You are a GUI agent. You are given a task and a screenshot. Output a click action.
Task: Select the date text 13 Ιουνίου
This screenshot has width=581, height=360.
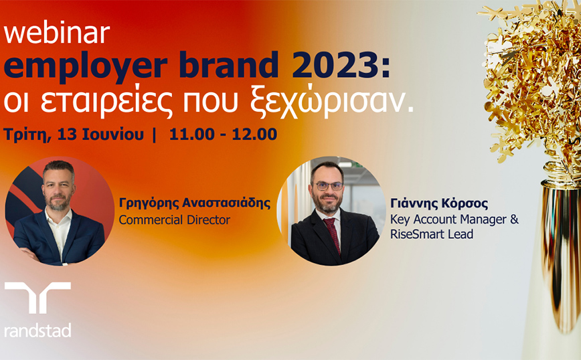(100, 134)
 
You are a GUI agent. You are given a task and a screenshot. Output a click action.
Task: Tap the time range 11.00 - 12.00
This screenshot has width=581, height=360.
(223, 134)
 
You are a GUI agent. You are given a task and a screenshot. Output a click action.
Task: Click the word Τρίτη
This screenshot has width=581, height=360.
(27, 134)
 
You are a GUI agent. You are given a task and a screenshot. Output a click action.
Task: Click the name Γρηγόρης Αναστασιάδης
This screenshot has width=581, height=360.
(195, 203)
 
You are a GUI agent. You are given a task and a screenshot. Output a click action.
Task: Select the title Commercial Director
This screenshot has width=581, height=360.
(174, 219)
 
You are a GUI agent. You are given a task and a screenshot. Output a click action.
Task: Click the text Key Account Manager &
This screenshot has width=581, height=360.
(454, 219)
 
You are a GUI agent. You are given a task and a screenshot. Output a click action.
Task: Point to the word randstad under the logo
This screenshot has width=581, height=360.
(37, 330)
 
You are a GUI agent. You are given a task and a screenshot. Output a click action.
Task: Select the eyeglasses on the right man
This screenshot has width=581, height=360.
(328, 186)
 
